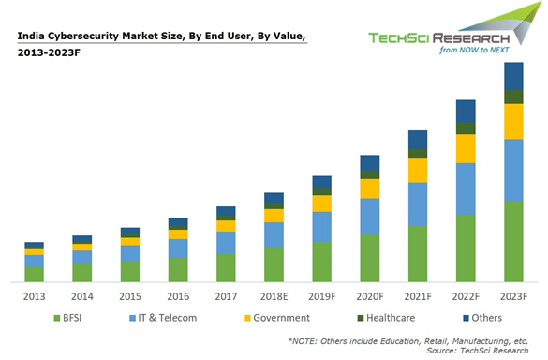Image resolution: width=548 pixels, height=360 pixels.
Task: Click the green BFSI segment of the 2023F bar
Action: click(513, 241)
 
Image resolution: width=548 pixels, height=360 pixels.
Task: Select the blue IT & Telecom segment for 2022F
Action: click(466, 188)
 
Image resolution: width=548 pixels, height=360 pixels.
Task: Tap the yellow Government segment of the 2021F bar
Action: click(418, 170)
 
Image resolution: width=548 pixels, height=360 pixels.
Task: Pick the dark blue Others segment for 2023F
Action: click(513, 76)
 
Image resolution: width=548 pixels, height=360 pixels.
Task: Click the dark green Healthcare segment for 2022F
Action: click(466, 128)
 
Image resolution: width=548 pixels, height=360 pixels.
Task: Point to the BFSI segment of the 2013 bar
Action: click(35, 274)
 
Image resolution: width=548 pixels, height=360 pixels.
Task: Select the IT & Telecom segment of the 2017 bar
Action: click(226, 242)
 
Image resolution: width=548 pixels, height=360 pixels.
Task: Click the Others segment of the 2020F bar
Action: click(370, 163)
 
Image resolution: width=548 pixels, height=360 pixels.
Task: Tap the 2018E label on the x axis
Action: click(274, 296)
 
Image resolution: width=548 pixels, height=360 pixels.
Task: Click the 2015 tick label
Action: click(130, 296)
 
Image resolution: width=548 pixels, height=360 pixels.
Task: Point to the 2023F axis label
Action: click(513, 296)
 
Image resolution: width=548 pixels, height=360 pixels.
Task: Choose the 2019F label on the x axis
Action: click(321, 296)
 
